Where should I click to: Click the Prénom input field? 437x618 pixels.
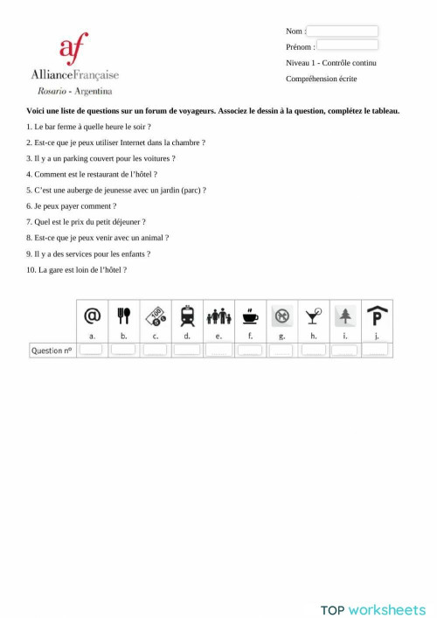(x=347, y=45)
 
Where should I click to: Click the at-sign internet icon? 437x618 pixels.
(x=92, y=316)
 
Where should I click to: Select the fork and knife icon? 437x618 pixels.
(x=123, y=316)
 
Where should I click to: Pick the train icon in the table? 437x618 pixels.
(x=187, y=316)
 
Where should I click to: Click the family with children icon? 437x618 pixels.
(x=218, y=316)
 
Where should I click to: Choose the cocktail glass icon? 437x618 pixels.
(x=313, y=316)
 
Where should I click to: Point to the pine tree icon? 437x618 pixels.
(x=344, y=316)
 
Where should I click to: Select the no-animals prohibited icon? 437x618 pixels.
(x=281, y=316)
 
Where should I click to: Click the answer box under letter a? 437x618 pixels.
(x=92, y=350)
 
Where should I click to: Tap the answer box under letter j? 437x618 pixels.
(x=377, y=350)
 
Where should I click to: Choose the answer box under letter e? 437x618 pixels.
(x=218, y=350)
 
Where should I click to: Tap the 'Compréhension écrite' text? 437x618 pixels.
(x=321, y=79)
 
